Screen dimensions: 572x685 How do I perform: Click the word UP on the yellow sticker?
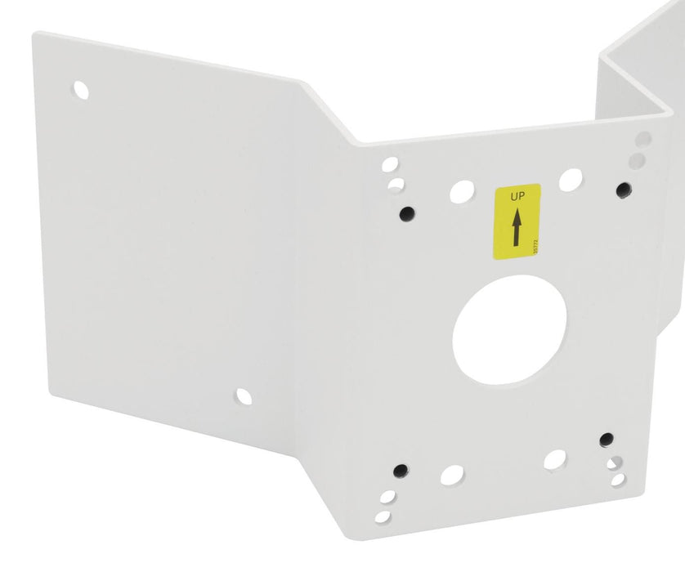pyautogui.click(x=517, y=196)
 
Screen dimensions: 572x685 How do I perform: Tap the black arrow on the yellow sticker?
pyautogui.click(x=517, y=228)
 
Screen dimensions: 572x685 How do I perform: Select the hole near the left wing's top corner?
pyautogui.click(x=81, y=90)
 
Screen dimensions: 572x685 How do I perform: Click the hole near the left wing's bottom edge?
pyautogui.click(x=244, y=396)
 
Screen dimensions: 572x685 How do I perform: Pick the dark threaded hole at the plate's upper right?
pyautogui.click(x=624, y=190)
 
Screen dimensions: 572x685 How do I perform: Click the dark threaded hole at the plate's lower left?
pyautogui.click(x=400, y=471)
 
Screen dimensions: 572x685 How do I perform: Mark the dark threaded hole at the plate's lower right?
pyautogui.click(x=606, y=440)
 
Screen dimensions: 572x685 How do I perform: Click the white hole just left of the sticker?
pyautogui.click(x=461, y=191)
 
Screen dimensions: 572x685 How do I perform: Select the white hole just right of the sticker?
pyautogui.click(x=571, y=179)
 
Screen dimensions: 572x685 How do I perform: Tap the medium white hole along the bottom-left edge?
pyautogui.click(x=452, y=475)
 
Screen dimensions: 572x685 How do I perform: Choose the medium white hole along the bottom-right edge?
pyautogui.click(x=555, y=459)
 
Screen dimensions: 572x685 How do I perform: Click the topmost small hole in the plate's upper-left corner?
pyautogui.click(x=390, y=165)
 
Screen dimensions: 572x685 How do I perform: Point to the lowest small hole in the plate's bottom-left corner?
pyautogui.click(x=383, y=516)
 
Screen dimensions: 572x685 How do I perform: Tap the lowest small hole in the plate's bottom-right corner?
pyautogui.click(x=619, y=480)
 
